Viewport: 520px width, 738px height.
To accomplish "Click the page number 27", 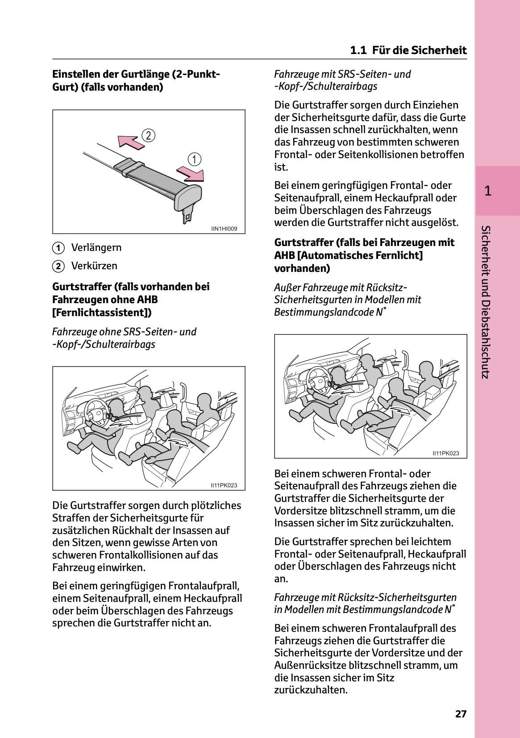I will pyautogui.click(x=461, y=713).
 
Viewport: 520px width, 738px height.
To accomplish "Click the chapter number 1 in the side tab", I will pyautogui.click(x=488, y=191).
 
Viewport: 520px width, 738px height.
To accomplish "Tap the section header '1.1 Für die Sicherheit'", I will pyautogui.click(x=408, y=50).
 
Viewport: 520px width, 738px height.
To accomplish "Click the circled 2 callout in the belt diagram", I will pyautogui.click(x=148, y=135).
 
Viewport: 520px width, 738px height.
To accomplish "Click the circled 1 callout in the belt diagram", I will pyautogui.click(x=194, y=159).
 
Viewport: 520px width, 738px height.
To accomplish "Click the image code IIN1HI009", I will pyautogui.click(x=224, y=229).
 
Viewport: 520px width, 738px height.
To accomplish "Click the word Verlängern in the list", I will pyautogui.click(x=96, y=247).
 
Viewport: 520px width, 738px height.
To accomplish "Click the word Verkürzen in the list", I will pyautogui.click(x=94, y=266).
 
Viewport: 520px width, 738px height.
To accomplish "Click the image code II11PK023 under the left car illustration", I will pyautogui.click(x=224, y=485).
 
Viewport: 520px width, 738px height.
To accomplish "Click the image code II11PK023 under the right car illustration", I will pyautogui.click(x=445, y=453).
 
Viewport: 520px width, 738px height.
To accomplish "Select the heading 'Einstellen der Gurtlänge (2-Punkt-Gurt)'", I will pyautogui.click(x=136, y=80).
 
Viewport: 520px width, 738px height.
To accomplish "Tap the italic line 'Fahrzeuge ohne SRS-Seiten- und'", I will pyautogui.click(x=124, y=332).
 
